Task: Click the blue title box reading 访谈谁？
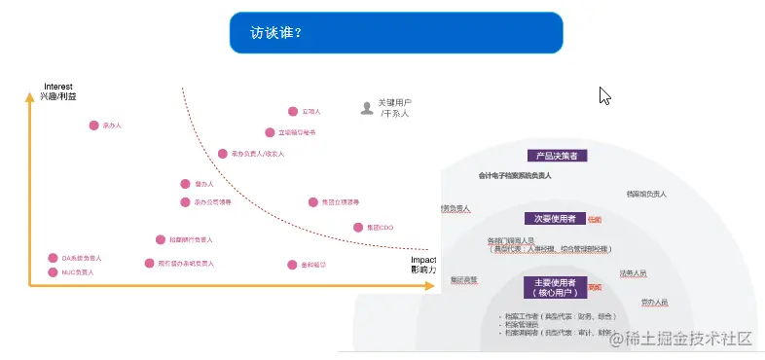(396, 32)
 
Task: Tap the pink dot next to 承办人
(94, 126)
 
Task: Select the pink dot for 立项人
(292, 112)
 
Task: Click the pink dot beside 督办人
(185, 183)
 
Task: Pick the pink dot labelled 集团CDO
(357, 228)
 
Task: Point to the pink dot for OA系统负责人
(53, 258)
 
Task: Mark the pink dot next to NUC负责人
(53, 272)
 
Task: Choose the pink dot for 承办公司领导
(185, 202)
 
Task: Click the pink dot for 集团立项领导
(312, 202)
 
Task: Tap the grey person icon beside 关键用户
(366, 108)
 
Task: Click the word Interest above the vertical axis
(57, 87)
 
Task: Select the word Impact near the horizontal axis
(423, 260)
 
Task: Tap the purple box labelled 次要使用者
(555, 218)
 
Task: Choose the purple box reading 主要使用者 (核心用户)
(555, 287)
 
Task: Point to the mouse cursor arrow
(604, 94)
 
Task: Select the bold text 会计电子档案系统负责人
(515, 176)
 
